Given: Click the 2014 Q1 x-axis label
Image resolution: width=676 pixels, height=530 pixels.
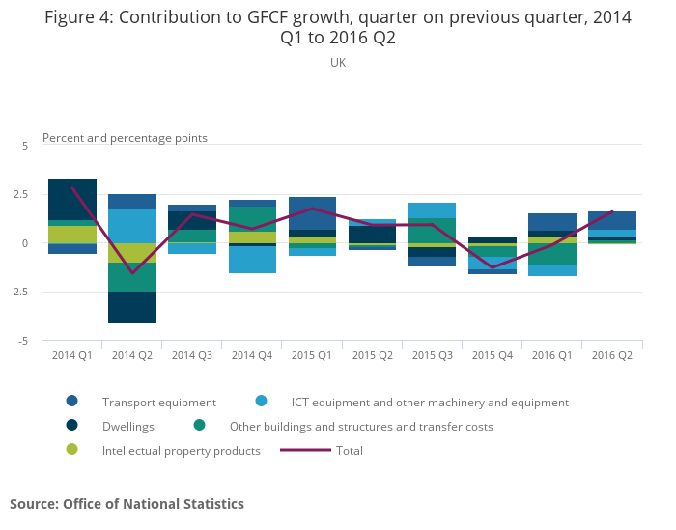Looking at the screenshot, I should tap(72, 356).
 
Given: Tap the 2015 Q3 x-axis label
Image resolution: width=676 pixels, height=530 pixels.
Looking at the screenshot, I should tap(432, 356).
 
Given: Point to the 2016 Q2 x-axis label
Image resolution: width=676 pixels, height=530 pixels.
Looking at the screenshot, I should tap(612, 356).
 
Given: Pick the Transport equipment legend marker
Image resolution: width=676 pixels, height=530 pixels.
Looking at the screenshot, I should tap(71, 402).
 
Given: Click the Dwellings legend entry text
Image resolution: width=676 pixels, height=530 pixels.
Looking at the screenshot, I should tap(128, 426).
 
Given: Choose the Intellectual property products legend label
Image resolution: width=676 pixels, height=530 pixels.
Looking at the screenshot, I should tap(182, 450).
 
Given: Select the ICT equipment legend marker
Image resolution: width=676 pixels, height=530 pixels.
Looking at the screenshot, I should tap(261, 402).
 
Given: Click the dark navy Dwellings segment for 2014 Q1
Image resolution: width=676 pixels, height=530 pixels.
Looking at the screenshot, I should tap(72, 199).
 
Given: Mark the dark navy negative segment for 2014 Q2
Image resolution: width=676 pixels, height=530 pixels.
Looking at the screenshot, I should tap(132, 307).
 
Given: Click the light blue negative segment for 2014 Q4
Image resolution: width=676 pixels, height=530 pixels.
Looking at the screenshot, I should tap(252, 260).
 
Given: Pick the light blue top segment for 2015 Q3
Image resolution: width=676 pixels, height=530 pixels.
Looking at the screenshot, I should tap(432, 210).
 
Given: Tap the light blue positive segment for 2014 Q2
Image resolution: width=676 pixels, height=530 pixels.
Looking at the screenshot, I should tap(132, 226).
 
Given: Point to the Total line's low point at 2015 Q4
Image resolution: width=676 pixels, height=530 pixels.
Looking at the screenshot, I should tap(493, 267).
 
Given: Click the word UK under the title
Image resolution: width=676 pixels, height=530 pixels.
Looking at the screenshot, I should tap(338, 63).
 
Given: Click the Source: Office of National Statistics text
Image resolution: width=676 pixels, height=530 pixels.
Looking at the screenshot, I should tap(127, 504).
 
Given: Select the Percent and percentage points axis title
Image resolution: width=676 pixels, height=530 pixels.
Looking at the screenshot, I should tap(125, 138).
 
